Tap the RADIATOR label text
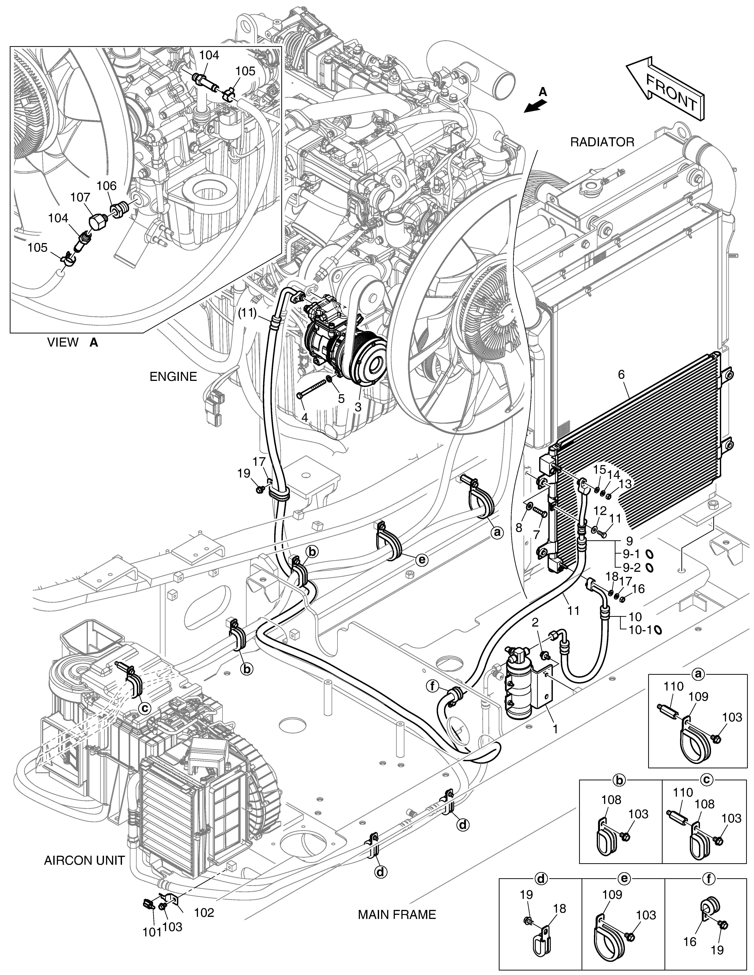(x=602, y=142)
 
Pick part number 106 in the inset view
(x=106, y=186)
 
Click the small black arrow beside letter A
(x=535, y=106)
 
